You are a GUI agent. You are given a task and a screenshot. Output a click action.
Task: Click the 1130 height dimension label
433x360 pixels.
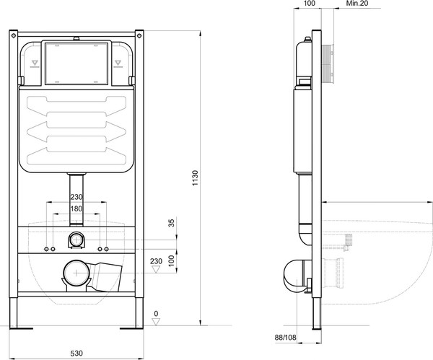196,178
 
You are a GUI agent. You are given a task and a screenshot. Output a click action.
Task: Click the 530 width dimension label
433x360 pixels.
76,353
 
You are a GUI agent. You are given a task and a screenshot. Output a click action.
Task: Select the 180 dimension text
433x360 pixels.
76,208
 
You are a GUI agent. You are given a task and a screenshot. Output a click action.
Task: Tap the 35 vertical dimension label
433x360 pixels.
172,223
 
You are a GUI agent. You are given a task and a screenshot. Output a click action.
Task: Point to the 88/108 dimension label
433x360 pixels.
285,338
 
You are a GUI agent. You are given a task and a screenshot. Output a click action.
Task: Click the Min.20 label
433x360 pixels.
357,4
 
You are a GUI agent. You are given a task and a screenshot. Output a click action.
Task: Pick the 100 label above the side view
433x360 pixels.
310,4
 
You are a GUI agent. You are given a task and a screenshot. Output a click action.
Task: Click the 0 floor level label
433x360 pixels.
157,314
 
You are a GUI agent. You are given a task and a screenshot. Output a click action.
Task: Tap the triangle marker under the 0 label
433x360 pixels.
157,322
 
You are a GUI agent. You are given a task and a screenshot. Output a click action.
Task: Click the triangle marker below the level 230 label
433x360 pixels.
157,269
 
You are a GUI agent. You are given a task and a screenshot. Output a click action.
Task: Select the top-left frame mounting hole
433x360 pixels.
13,35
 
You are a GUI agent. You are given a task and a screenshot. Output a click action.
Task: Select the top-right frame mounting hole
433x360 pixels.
139,35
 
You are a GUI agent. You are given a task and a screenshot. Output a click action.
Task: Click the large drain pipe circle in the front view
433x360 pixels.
76,273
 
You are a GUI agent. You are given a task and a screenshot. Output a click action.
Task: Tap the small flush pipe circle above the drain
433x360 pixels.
76,240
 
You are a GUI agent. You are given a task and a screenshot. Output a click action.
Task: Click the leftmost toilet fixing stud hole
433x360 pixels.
46,250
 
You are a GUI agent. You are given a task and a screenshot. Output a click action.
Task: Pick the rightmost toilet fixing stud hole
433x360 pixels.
107,250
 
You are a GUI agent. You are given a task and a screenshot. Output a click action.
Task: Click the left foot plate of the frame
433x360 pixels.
21,328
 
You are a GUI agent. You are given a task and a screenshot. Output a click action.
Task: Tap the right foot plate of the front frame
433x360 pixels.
131,328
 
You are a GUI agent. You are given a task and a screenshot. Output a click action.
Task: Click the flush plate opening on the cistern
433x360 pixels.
76,63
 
